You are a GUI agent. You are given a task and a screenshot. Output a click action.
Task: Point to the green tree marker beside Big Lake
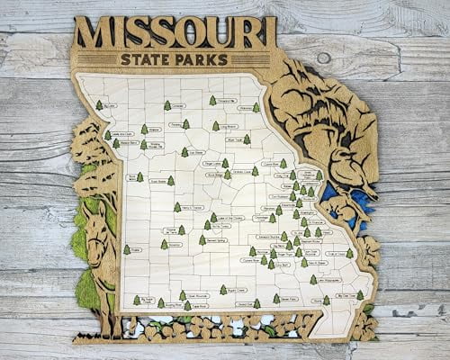point(100,105)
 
